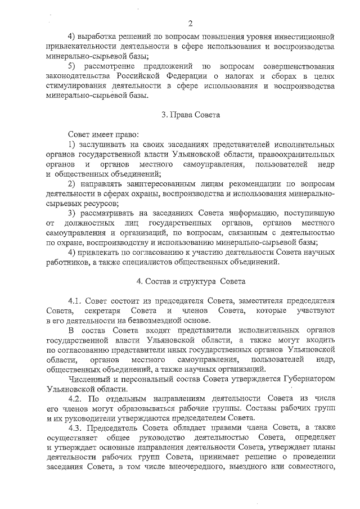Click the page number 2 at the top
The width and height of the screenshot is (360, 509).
(190, 23)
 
